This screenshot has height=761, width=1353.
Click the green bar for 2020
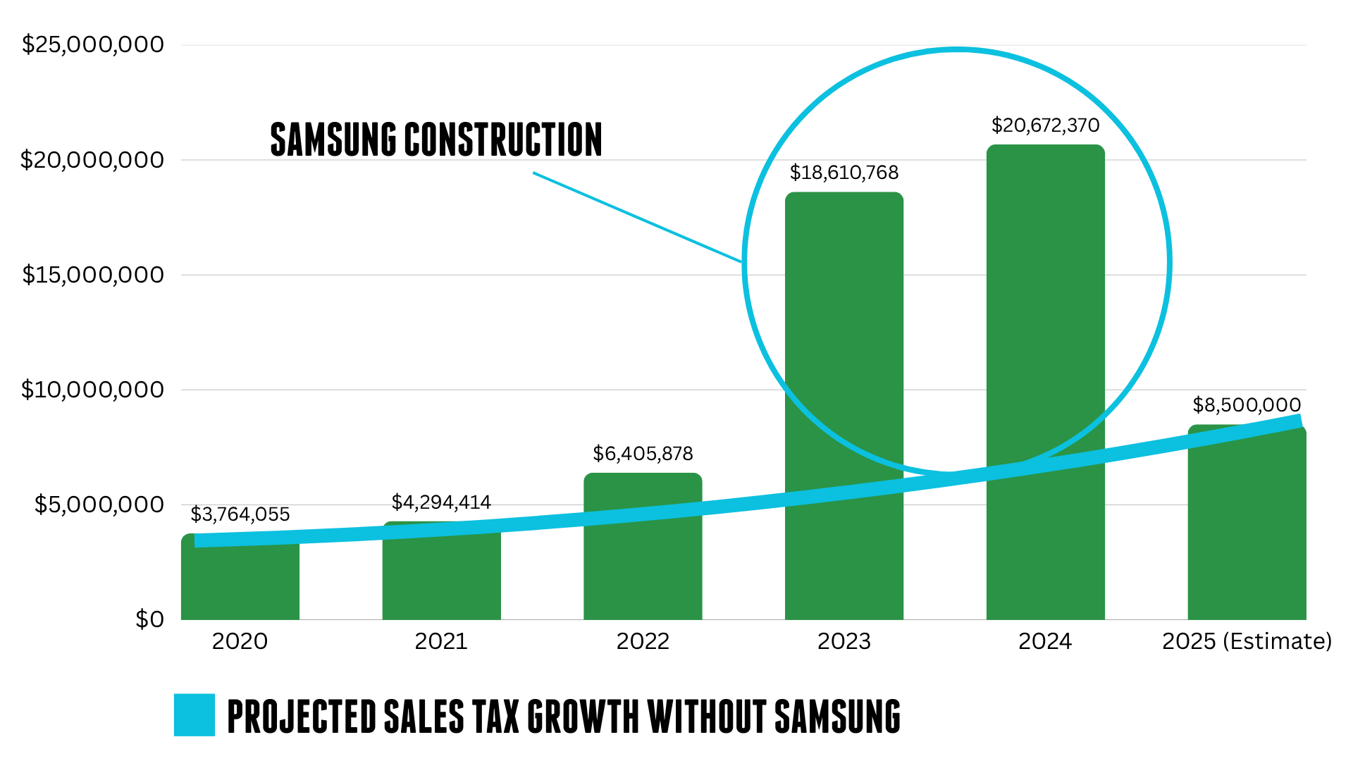(240, 585)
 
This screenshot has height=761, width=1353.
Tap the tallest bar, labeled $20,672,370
(1045, 317)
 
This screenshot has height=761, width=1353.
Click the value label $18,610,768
(844, 173)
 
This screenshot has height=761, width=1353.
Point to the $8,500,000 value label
(1246, 405)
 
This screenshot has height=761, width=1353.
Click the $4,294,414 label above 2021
(441, 502)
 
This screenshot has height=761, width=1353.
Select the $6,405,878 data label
(643, 454)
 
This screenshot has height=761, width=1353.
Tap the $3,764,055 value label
(240, 514)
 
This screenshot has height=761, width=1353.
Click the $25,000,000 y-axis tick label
(93, 44)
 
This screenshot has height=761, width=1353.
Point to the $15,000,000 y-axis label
(93, 275)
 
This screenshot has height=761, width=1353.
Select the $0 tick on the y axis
(149, 619)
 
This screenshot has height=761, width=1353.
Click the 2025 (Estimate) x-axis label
(1246, 641)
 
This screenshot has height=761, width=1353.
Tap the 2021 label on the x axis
(441, 641)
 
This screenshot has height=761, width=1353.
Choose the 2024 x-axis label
(1045, 641)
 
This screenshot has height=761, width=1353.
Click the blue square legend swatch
(194, 715)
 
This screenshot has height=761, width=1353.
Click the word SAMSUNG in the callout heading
(333, 140)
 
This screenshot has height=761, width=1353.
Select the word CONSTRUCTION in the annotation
(503, 140)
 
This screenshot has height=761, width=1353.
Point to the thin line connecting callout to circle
(638, 218)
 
